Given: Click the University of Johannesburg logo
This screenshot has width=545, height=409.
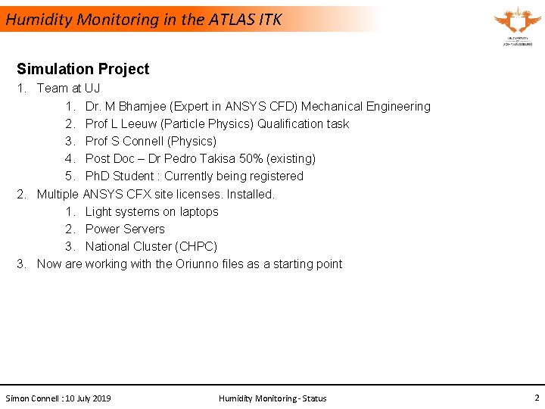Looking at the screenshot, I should (x=517, y=26).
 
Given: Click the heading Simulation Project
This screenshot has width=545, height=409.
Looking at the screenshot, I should (x=83, y=69).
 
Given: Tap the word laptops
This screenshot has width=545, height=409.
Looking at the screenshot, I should (x=199, y=211).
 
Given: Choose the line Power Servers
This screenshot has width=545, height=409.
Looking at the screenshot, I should (x=125, y=229).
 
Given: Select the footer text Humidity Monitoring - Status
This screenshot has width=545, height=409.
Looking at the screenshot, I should (x=272, y=398).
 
